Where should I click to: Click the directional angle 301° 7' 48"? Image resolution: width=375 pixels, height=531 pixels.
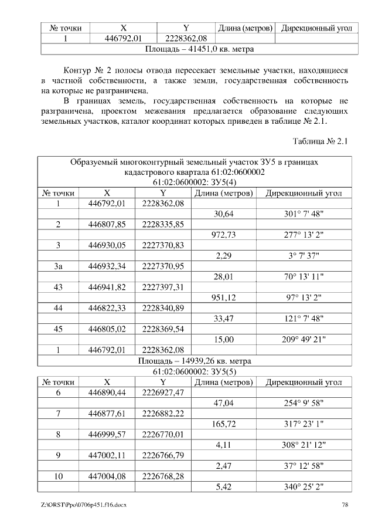click(304, 214)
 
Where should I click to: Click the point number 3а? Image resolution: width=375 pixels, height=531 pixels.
click(58, 266)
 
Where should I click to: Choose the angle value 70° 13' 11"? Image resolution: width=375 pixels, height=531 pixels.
click(304, 276)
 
